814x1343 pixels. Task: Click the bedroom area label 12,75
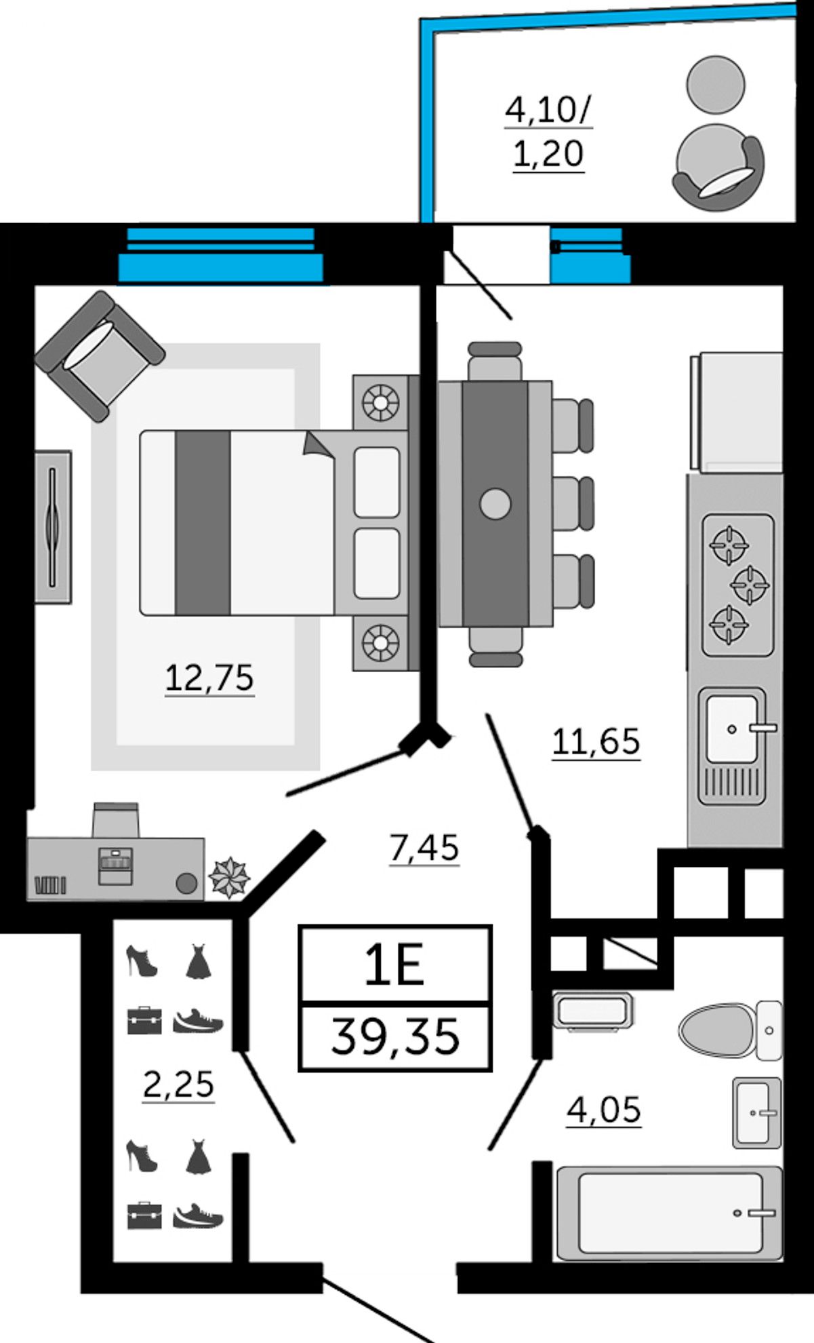(209, 678)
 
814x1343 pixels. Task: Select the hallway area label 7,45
(424, 847)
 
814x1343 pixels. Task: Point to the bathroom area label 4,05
(603, 1110)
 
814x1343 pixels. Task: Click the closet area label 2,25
(178, 1083)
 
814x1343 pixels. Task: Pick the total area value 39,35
(395, 1036)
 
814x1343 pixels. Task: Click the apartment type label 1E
(394, 966)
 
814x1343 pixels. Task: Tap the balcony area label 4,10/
(548, 110)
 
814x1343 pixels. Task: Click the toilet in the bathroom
(730, 1030)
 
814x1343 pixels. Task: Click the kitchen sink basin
(732, 728)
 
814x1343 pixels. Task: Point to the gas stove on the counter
(737, 585)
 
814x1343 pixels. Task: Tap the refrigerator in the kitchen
(737, 411)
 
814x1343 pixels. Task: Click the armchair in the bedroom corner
(100, 356)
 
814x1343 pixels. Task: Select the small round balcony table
(715, 84)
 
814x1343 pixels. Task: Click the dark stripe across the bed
(203, 523)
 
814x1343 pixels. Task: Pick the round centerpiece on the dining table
(495, 504)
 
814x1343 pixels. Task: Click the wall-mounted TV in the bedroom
(53, 526)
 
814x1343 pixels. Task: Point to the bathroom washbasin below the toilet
(756, 1112)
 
